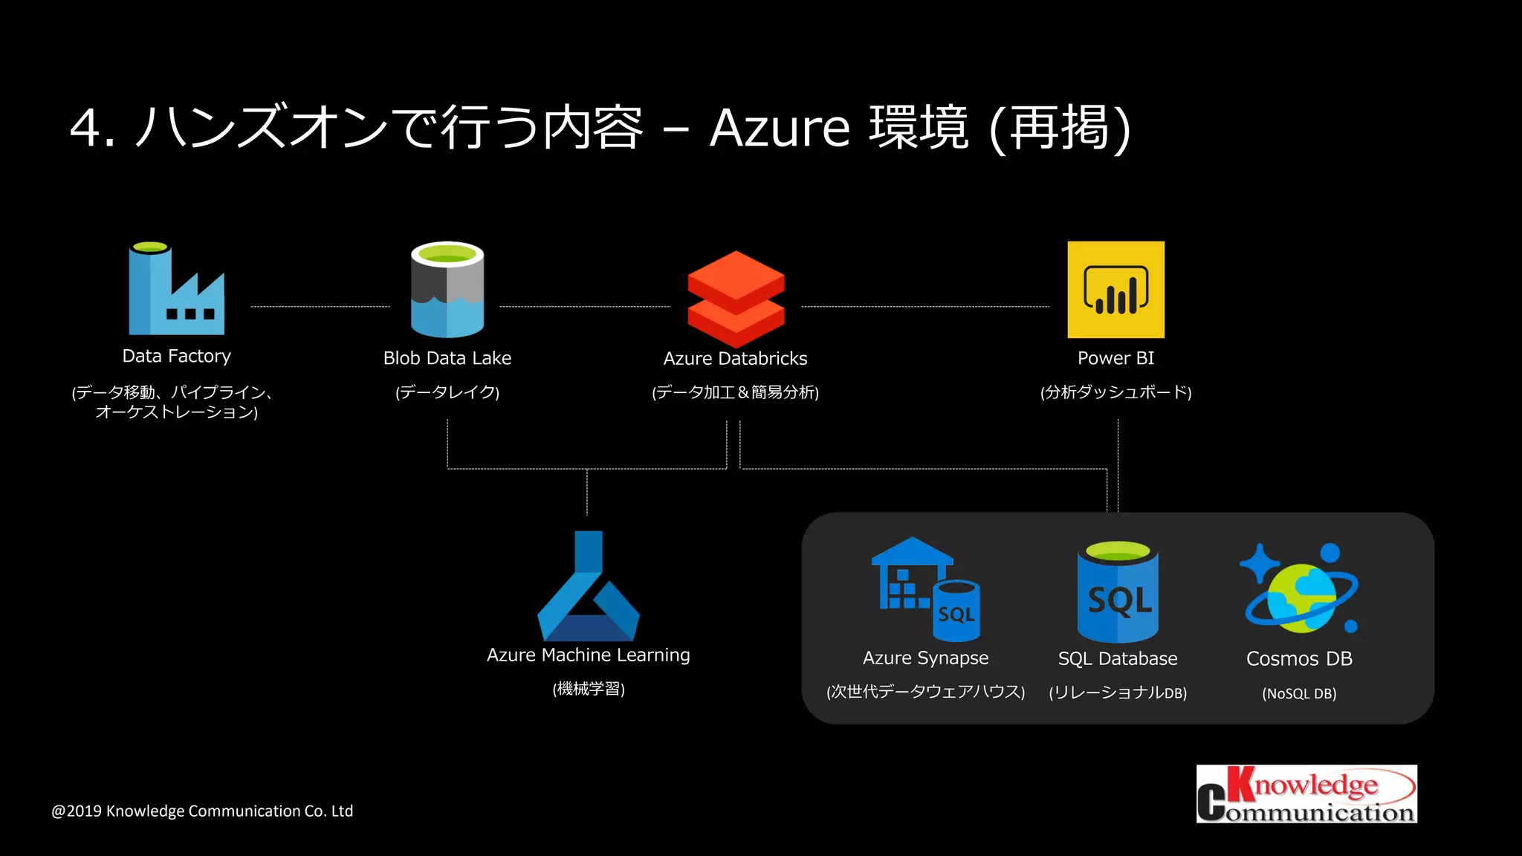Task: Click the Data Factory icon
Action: [176, 289]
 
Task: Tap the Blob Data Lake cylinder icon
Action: [447, 290]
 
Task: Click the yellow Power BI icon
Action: [1115, 290]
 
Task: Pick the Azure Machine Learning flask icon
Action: [589, 586]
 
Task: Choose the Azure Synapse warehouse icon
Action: [925, 589]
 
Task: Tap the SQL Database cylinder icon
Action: [1118, 592]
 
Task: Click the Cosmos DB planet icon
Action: [1300, 588]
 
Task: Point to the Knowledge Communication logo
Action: [1306, 794]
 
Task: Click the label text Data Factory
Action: [176, 356]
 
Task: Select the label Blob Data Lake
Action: [447, 358]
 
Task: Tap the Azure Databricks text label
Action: [735, 359]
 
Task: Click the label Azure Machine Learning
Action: [588, 655]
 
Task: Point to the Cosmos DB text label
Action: [1299, 659]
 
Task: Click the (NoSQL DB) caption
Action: [1299, 693]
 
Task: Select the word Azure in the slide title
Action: [780, 128]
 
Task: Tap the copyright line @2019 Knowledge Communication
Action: [202, 811]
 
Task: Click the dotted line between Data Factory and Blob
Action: [320, 306]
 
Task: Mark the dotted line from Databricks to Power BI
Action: [925, 306]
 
